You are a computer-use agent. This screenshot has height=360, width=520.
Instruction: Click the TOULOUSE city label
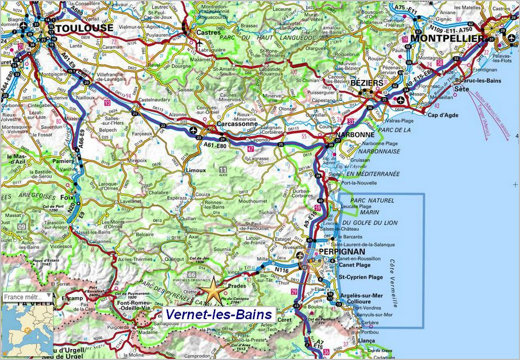pyautogui.click(x=85, y=28)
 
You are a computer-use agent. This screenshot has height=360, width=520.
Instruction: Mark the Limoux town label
pyautogui.click(x=196, y=170)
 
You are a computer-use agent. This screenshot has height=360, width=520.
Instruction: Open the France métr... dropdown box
pyautogui.click(x=27, y=297)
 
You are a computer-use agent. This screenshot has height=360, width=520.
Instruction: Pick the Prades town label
pyautogui.click(x=237, y=285)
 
